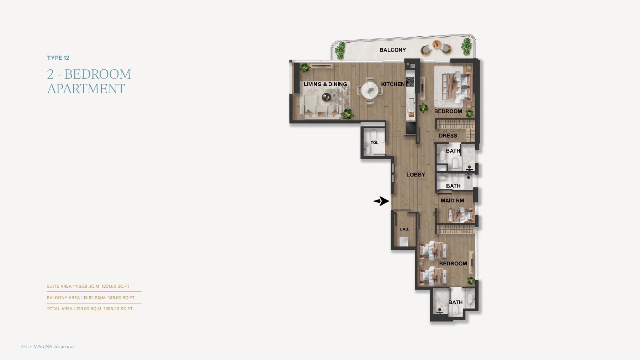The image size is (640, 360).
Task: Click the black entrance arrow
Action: tap(381, 201)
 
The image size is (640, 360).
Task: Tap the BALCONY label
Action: tap(393, 50)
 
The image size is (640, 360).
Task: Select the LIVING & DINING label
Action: tap(325, 84)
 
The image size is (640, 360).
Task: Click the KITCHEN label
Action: tap(393, 84)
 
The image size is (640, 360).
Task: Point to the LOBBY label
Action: tap(416, 175)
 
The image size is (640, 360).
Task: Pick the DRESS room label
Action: tap(448, 136)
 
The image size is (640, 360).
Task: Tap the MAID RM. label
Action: tap(453, 201)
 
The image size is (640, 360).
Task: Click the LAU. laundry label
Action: tap(404, 229)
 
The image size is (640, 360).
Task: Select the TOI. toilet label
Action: tap(374, 143)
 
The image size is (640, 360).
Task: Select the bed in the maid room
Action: tap(461, 215)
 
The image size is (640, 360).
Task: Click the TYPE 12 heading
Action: tap(58, 58)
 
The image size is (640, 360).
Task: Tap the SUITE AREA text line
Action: tap(88, 286)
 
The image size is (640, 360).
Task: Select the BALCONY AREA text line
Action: tap(91, 298)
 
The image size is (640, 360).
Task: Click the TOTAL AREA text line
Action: tap(90, 309)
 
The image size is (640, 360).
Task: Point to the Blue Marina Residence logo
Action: tap(47, 346)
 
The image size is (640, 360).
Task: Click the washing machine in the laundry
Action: tap(404, 242)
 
